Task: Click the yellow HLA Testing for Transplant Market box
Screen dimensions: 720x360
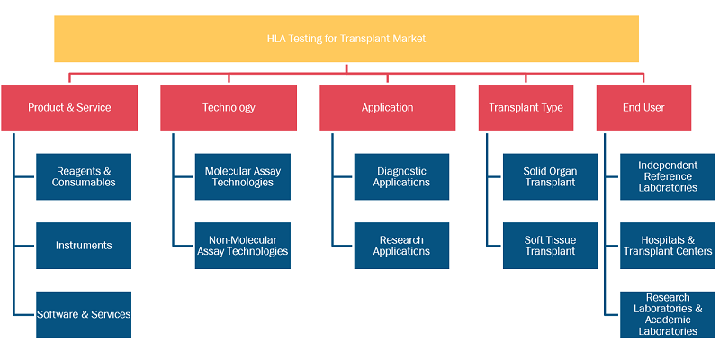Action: coord(346,39)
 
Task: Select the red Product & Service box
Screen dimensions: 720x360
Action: coord(69,108)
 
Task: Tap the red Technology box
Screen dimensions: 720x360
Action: coord(229,108)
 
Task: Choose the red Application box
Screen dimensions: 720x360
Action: coord(388,108)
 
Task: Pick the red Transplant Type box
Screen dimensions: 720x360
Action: coord(526,108)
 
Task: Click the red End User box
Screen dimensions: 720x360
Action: coord(643,108)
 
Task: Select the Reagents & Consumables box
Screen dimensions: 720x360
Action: coord(84,176)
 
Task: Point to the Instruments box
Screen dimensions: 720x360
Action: coord(84,246)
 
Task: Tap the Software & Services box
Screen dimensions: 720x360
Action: coord(84,314)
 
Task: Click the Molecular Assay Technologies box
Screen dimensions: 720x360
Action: coord(243,176)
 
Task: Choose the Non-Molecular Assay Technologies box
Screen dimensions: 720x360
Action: coord(243,246)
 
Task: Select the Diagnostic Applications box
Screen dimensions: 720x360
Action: coord(401,176)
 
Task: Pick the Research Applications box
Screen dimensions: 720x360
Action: coord(401,246)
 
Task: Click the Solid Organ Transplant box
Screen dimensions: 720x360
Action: coord(551,176)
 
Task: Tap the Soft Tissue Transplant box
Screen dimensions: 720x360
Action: coord(551,246)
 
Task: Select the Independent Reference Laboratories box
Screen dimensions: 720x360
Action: coord(668,176)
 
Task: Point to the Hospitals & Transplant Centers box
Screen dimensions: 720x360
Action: coord(668,246)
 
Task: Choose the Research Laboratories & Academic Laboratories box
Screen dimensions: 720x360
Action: coord(668,314)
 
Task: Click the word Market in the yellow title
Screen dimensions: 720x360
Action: coord(409,39)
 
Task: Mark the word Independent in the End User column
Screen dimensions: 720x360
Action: coord(668,166)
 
